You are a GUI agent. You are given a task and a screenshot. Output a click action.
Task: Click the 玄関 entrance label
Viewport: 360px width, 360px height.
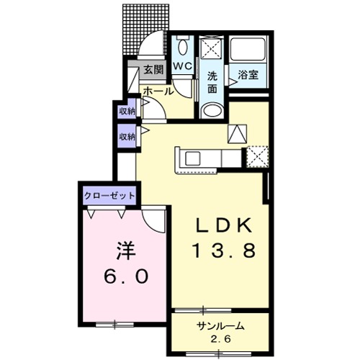pyautogui.click(x=153, y=71)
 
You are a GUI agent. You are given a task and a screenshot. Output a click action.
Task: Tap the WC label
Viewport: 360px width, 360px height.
pyautogui.click(x=182, y=66)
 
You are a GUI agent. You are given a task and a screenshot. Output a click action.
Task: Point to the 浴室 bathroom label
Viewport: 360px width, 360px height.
pyautogui.click(x=248, y=73)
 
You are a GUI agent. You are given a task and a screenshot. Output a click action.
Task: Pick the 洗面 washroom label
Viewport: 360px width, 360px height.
pyautogui.click(x=212, y=83)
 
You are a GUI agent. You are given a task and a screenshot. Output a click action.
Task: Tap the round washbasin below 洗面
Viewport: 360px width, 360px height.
pyautogui.click(x=212, y=110)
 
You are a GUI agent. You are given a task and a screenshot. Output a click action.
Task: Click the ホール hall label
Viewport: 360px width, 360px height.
pyautogui.click(x=158, y=91)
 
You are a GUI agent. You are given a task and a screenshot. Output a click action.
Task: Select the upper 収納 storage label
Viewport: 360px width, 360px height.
pyautogui.click(x=127, y=112)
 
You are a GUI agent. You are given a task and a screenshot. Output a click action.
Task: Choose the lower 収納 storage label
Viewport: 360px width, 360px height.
pyautogui.click(x=127, y=136)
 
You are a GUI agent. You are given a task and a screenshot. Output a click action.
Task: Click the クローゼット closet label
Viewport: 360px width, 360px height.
pyautogui.click(x=109, y=194)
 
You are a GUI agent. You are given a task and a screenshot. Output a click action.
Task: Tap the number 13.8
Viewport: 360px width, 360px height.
pyautogui.click(x=225, y=251)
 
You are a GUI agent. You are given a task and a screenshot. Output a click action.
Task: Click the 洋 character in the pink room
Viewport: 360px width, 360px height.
pyautogui.click(x=122, y=253)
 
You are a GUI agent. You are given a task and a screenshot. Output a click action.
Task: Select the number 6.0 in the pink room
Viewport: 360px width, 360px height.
pyautogui.click(x=122, y=276)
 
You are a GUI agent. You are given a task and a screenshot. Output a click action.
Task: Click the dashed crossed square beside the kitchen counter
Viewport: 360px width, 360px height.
pyautogui.click(x=257, y=155)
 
